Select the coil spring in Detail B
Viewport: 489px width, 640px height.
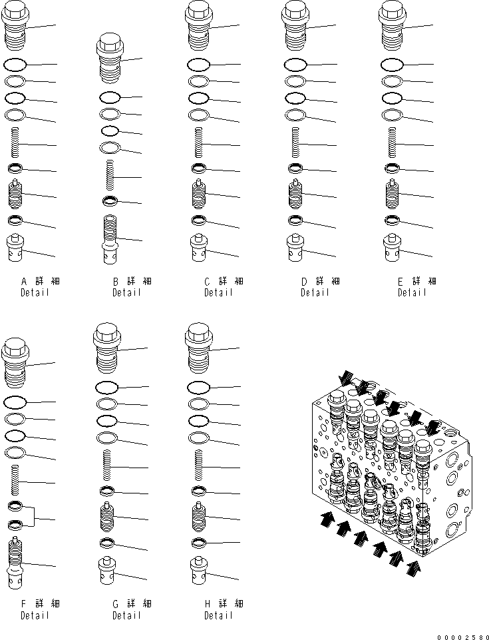110,176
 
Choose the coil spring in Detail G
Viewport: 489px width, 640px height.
106,466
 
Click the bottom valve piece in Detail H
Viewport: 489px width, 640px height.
198,569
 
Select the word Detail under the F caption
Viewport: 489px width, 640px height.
35,615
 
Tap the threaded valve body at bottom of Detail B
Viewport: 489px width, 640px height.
110,237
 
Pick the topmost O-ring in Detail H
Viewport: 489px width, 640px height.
198,387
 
